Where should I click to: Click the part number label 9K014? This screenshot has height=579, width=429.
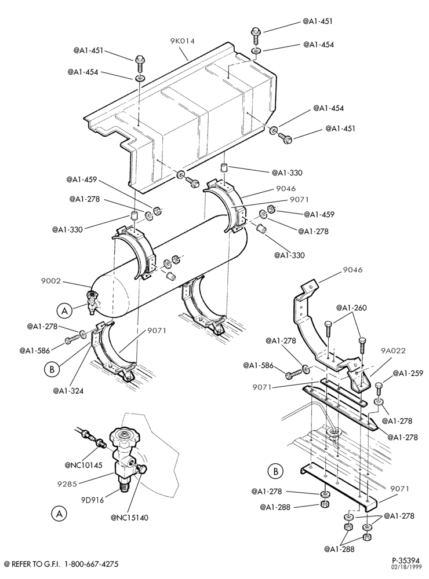pyautogui.click(x=182, y=41)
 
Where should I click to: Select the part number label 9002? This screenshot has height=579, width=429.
pyautogui.click(x=50, y=281)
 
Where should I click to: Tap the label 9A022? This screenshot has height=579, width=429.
pyautogui.click(x=393, y=350)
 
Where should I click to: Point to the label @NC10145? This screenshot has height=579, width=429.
pyautogui.click(x=83, y=465)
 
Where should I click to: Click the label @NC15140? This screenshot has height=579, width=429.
pyautogui.click(x=129, y=518)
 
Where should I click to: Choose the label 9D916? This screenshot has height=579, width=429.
pyautogui.click(x=92, y=500)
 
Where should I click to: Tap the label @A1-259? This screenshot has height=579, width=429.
pyautogui.click(x=408, y=373)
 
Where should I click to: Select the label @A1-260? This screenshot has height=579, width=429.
pyautogui.click(x=351, y=307)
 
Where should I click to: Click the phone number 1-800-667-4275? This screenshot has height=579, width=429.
pyautogui.click(x=92, y=564)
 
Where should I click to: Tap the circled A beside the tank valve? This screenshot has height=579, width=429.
pyautogui.click(x=64, y=311)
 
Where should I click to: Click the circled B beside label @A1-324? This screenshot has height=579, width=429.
pyautogui.click(x=52, y=369)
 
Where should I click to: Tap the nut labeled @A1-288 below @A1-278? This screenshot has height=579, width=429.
pyautogui.click(x=324, y=504)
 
